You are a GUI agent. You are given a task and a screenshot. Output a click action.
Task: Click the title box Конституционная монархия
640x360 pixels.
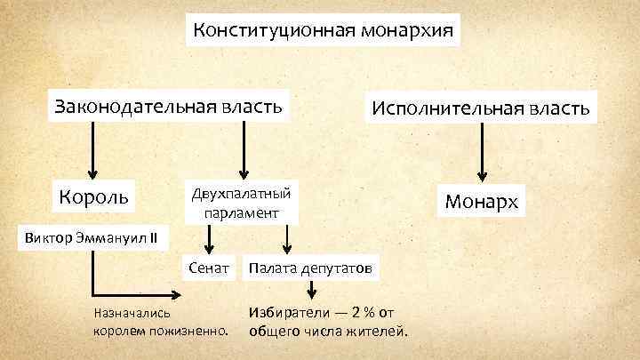coord(325,32)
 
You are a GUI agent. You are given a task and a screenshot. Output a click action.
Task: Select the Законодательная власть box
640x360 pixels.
coord(169,107)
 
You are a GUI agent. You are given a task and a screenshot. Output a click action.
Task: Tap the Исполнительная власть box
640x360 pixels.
coord(481,108)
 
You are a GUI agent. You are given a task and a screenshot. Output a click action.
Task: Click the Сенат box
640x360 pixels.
coord(210,267)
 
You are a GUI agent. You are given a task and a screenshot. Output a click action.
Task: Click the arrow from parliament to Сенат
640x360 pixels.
coord(210,237)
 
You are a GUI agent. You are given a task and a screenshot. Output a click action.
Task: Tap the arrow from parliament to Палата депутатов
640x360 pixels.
coord(286,237)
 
